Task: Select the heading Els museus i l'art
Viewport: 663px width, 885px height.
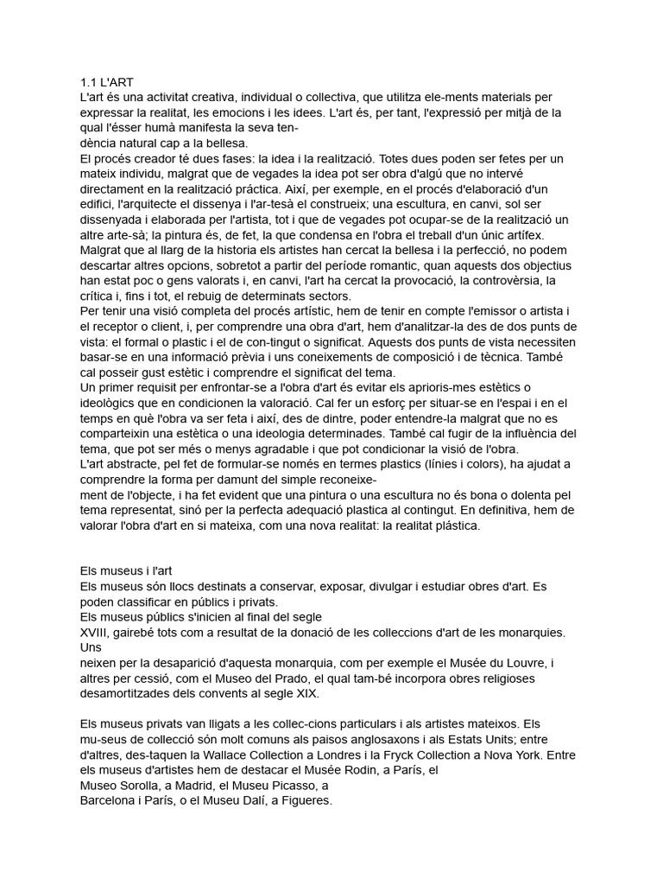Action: point(126,571)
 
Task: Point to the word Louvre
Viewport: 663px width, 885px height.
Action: point(521,663)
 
